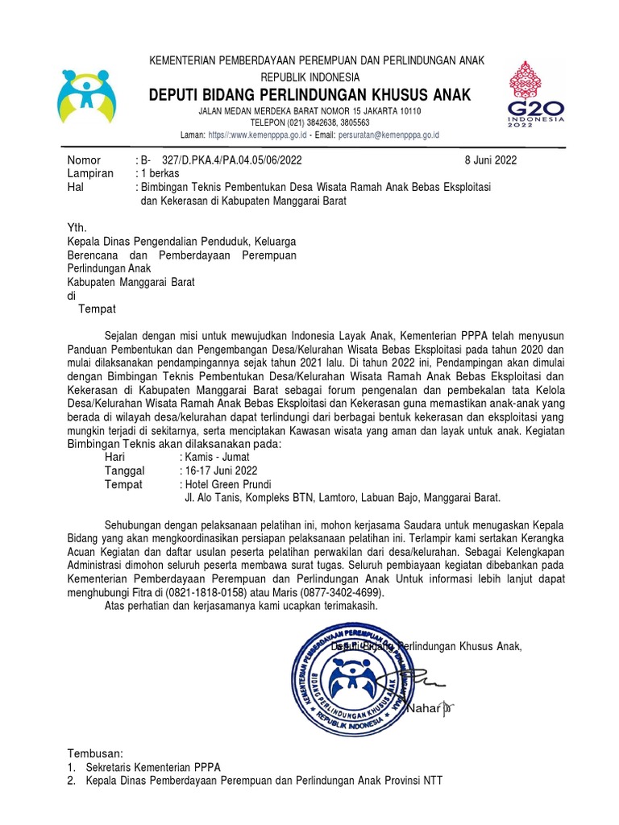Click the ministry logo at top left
point(86,96)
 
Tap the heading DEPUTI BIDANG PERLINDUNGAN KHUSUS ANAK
point(310,95)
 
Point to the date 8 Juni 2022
point(487,160)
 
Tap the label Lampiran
point(89,173)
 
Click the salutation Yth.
point(76,228)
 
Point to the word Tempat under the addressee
point(97,309)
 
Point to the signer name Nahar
point(423,709)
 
